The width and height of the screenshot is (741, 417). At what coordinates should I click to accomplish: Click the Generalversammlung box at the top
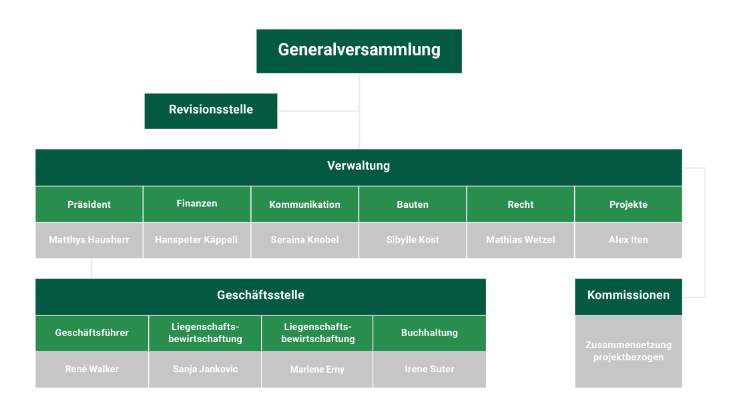359,50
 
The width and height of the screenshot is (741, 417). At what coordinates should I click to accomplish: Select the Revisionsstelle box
211,110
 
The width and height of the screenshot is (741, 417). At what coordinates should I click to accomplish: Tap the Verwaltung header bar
358,166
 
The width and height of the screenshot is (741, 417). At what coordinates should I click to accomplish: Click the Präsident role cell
89,204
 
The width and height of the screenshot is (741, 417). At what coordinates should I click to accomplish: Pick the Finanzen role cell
197,204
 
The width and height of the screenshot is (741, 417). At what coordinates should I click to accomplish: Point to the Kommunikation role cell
304,204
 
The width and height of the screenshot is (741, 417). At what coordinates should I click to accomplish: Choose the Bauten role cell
413,204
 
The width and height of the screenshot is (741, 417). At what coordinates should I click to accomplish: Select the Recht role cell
520,204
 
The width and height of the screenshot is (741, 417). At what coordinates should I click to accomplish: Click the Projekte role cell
628,204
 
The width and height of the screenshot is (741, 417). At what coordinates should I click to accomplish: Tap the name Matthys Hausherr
89,240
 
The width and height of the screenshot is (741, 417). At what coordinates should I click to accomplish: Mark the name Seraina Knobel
304,240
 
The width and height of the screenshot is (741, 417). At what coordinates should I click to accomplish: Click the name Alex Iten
628,240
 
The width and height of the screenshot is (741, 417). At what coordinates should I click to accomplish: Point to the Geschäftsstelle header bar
260,295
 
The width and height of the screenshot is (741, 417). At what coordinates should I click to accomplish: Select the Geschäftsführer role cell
92,333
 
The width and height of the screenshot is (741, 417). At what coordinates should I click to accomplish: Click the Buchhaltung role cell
429,333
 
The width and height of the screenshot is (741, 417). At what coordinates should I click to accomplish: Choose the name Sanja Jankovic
205,369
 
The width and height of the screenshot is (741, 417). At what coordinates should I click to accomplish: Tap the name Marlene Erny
317,370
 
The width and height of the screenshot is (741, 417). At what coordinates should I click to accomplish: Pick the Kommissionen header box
628,295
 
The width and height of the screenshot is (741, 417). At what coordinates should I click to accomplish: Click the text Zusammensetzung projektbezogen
628,351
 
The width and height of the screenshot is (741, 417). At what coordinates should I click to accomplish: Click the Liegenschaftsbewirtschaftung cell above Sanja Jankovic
205,333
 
